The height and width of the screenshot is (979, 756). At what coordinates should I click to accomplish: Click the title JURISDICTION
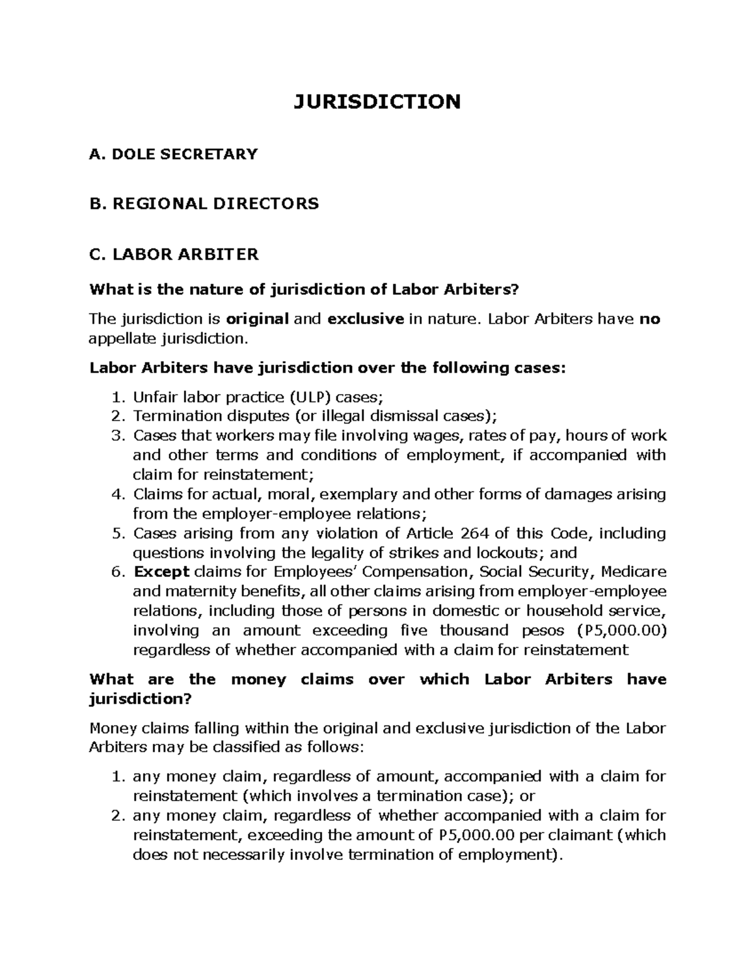click(x=377, y=101)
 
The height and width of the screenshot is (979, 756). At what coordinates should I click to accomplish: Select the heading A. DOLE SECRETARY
click(x=174, y=154)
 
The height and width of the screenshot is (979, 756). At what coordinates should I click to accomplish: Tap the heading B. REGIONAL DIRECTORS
click(x=205, y=204)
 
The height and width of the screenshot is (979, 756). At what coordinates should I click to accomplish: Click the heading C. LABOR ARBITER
click(x=175, y=254)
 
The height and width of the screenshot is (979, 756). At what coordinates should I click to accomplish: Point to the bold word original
click(x=257, y=319)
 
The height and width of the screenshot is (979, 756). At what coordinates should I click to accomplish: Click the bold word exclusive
click(x=365, y=319)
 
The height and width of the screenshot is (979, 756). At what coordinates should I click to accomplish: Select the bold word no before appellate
click(x=650, y=319)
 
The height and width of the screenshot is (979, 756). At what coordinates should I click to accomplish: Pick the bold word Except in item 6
click(x=161, y=572)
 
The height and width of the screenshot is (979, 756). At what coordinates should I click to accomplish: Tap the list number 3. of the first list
click(x=118, y=436)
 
